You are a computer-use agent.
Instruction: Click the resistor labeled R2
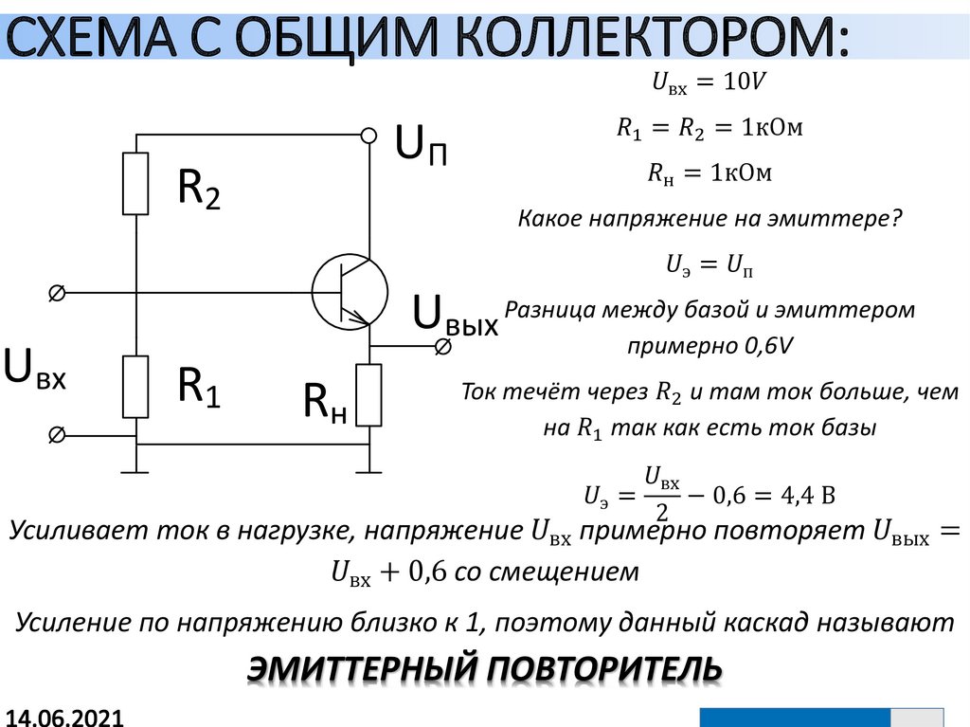click(x=136, y=183)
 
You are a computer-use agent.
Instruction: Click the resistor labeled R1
click(x=136, y=386)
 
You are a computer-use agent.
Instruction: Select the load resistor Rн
click(x=369, y=394)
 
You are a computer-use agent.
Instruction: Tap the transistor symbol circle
click(x=350, y=292)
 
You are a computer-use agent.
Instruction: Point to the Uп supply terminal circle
click(x=369, y=136)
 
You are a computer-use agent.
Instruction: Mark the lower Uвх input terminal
click(x=56, y=435)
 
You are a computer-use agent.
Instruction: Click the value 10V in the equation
click(x=744, y=82)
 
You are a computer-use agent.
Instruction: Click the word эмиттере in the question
click(x=837, y=219)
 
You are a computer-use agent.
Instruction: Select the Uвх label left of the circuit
click(x=35, y=369)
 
